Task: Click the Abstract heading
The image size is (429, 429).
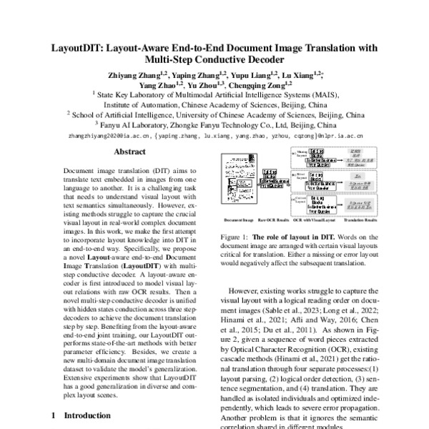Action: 130,152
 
